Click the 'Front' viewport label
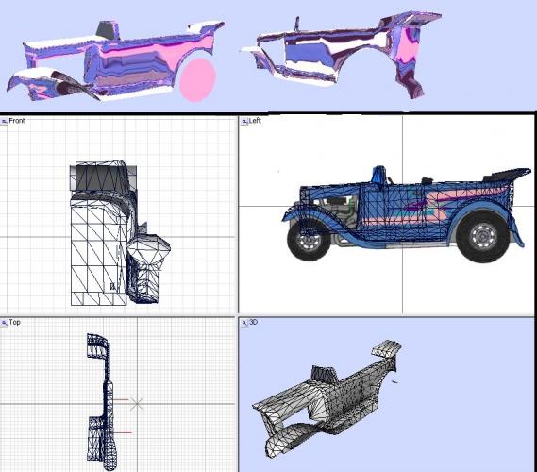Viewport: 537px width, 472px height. pyautogui.click(x=17, y=121)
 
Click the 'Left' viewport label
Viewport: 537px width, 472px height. pyautogui.click(x=255, y=121)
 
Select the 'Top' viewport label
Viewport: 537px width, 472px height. pyautogui.click(x=14, y=322)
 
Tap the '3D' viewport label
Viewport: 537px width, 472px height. pyautogui.click(x=253, y=322)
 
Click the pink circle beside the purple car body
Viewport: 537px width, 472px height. pyautogui.click(x=198, y=80)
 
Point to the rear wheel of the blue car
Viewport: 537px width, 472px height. pyautogui.click(x=483, y=236)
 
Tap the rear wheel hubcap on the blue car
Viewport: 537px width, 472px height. pyautogui.click(x=483, y=237)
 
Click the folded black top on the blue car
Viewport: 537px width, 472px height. pyautogui.click(x=506, y=174)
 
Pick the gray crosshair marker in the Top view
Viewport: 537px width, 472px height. pyautogui.click(x=137, y=404)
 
